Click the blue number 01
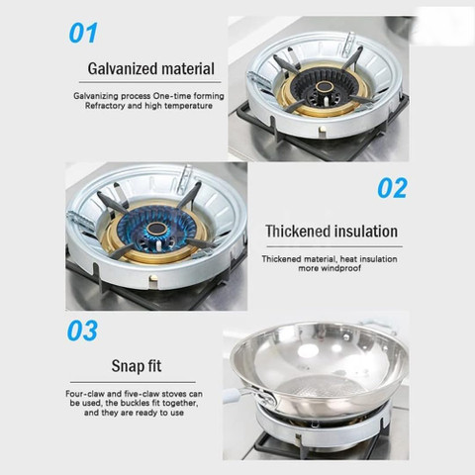pos(83,33)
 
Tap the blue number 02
pos(392,188)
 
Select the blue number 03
pos(82,331)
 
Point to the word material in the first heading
pos(188,68)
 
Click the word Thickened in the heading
pos(294,231)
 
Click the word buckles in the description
pos(135,403)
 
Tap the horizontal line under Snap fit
pos(133,382)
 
